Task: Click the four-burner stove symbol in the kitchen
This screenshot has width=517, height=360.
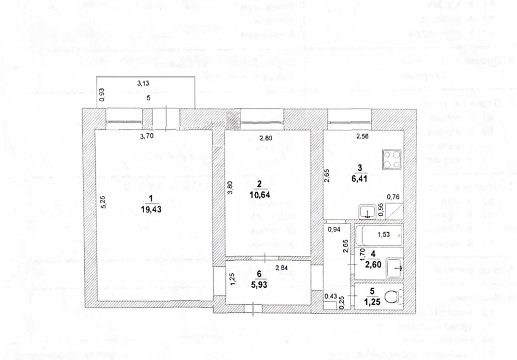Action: (392, 159)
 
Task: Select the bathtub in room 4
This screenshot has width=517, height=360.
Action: (378, 235)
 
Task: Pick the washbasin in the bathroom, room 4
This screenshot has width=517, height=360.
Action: (395, 267)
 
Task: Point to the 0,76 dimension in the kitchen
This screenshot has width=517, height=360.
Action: (393, 197)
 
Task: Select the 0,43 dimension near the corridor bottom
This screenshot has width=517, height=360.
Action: (330, 297)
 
